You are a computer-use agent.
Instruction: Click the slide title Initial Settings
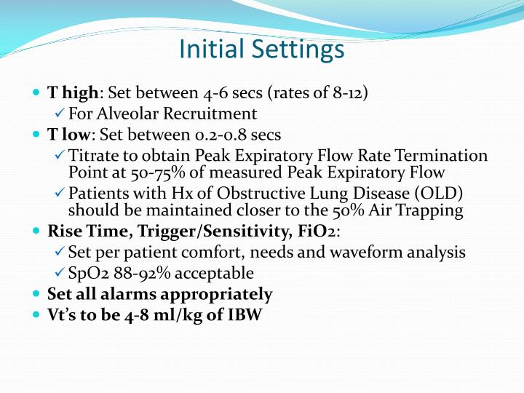(261, 49)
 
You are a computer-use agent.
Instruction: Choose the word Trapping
(429, 210)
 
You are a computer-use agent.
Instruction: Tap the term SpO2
(88, 274)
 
